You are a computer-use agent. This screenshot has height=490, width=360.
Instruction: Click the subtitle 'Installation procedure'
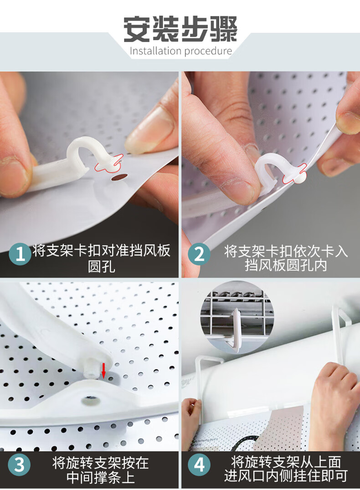tap(181, 51)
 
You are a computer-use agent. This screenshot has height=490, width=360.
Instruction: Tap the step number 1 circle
tap(20, 254)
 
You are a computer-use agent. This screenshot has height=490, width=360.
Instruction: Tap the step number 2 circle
tap(200, 254)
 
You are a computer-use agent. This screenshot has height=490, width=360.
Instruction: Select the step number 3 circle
tap(20, 464)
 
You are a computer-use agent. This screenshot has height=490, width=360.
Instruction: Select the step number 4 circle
tap(200, 464)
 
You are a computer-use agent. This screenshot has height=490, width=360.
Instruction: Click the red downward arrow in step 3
tap(103, 370)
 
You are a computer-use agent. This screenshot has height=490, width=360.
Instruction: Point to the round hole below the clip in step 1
tap(119, 178)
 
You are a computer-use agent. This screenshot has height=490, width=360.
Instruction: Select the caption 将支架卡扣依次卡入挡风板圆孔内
tap(286, 258)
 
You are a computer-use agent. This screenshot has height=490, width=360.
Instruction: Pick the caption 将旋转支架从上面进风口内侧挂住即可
tap(286, 469)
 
